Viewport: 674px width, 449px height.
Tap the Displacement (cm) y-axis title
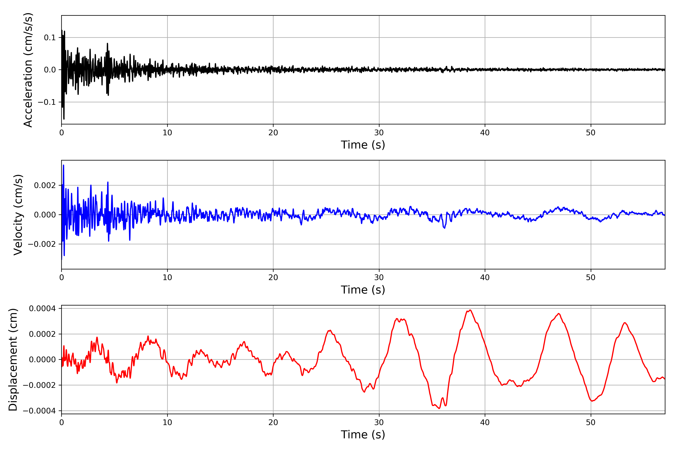point(13,360)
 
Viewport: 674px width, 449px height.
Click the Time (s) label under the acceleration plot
point(363,145)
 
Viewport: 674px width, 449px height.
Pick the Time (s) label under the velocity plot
point(363,290)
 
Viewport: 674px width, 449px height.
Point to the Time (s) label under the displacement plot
point(363,435)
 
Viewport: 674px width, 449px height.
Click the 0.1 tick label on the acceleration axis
point(50,38)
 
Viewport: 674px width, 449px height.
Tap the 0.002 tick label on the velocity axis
point(45,186)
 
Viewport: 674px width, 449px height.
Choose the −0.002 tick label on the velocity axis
point(42,244)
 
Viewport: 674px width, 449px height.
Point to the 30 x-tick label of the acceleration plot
point(379,133)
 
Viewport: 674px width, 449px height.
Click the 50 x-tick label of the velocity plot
point(591,277)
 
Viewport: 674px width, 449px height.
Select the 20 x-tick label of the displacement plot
point(273,422)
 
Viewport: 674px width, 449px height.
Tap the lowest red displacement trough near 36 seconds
point(439,408)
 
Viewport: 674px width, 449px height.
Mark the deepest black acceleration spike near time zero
point(64,119)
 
